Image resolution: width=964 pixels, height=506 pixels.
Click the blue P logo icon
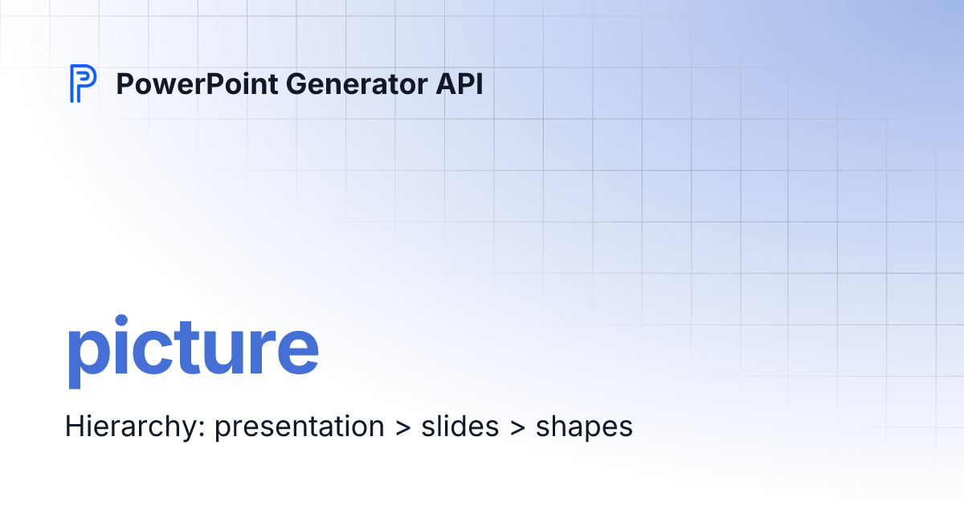(x=83, y=84)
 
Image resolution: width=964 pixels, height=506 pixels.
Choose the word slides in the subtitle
(x=460, y=426)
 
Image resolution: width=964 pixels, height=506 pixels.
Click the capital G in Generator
(x=285, y=84)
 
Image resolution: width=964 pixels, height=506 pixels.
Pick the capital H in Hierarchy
(x=73, y=426)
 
